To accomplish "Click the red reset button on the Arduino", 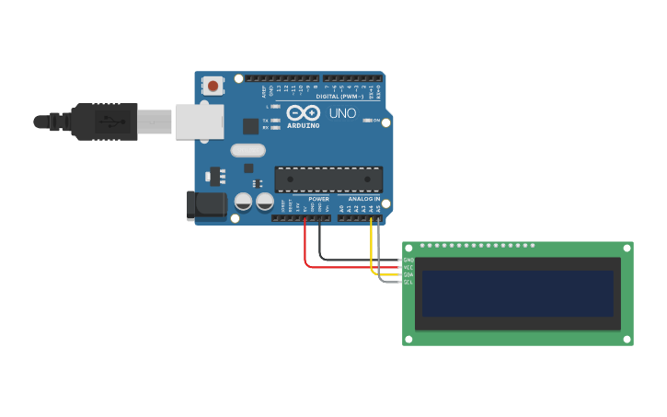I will click(213, 86).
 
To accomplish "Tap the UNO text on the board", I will click(342, 114).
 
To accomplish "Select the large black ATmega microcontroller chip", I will click(328, 179).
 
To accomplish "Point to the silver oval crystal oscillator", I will click(247, 150).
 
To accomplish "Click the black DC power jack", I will click(207, 205).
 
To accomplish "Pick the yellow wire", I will click(372, 253).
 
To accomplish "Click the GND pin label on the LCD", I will click(408, 261).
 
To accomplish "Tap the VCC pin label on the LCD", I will click(408, 267).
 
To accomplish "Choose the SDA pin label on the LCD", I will click(408, 274).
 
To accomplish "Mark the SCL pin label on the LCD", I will click(408, 282).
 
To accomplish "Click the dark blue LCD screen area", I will click(518, 293).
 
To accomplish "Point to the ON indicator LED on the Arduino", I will click(367, 121).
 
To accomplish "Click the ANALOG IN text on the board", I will click(364, 199).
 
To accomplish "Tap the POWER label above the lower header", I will click(318, 199).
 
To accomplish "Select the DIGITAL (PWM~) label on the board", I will click(339, 96).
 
